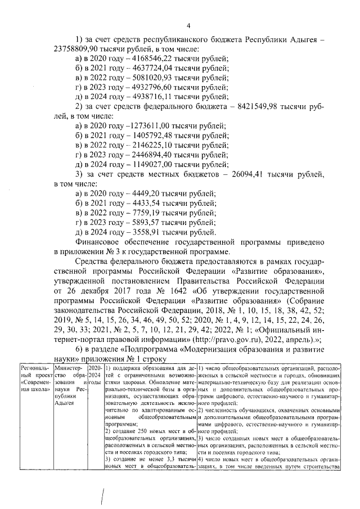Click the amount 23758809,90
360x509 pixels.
[79, 49]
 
